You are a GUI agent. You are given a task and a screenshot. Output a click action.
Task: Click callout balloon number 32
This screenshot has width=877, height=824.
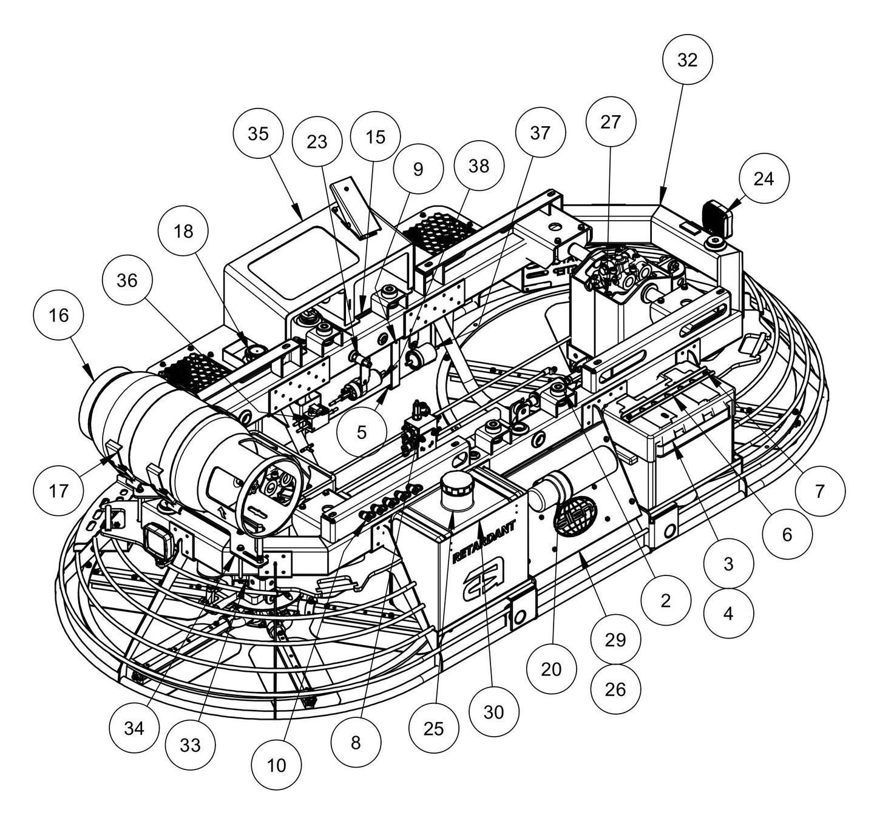(687, 59)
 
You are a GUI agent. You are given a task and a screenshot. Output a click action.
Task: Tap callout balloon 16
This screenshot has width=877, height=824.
(59, 315)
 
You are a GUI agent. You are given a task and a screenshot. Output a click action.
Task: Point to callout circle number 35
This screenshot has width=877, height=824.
(259, 134)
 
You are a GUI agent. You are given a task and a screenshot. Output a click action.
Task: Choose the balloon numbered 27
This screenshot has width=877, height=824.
(611, 122)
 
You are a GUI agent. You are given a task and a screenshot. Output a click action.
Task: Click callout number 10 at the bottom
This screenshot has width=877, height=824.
(277, 766)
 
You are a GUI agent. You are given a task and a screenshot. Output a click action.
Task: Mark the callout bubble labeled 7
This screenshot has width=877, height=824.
(820, 491)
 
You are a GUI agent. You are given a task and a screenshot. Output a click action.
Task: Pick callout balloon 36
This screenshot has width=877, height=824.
(128, 280)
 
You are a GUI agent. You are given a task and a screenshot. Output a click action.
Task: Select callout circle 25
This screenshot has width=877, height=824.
(433, 729)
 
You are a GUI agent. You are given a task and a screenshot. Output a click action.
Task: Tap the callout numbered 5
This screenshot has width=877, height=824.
(362, 432)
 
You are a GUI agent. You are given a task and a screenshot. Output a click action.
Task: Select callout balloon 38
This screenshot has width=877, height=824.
(479, 166)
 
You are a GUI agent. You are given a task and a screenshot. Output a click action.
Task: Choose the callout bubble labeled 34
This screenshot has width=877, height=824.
(134, 728)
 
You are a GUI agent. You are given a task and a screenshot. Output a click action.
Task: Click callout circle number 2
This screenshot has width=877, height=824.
(666, 600)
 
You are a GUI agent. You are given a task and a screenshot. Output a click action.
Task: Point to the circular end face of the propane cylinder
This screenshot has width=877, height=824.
(269, 489)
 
